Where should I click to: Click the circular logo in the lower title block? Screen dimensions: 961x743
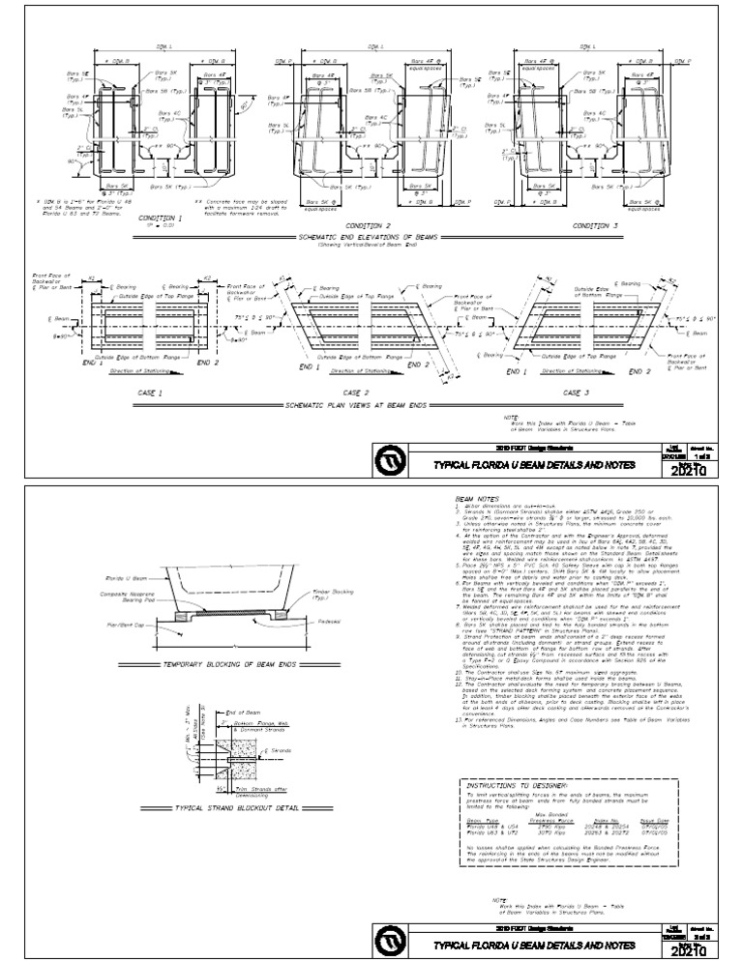click(x=388, y=944)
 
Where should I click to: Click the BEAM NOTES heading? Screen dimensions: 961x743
click(x=474, y=501)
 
